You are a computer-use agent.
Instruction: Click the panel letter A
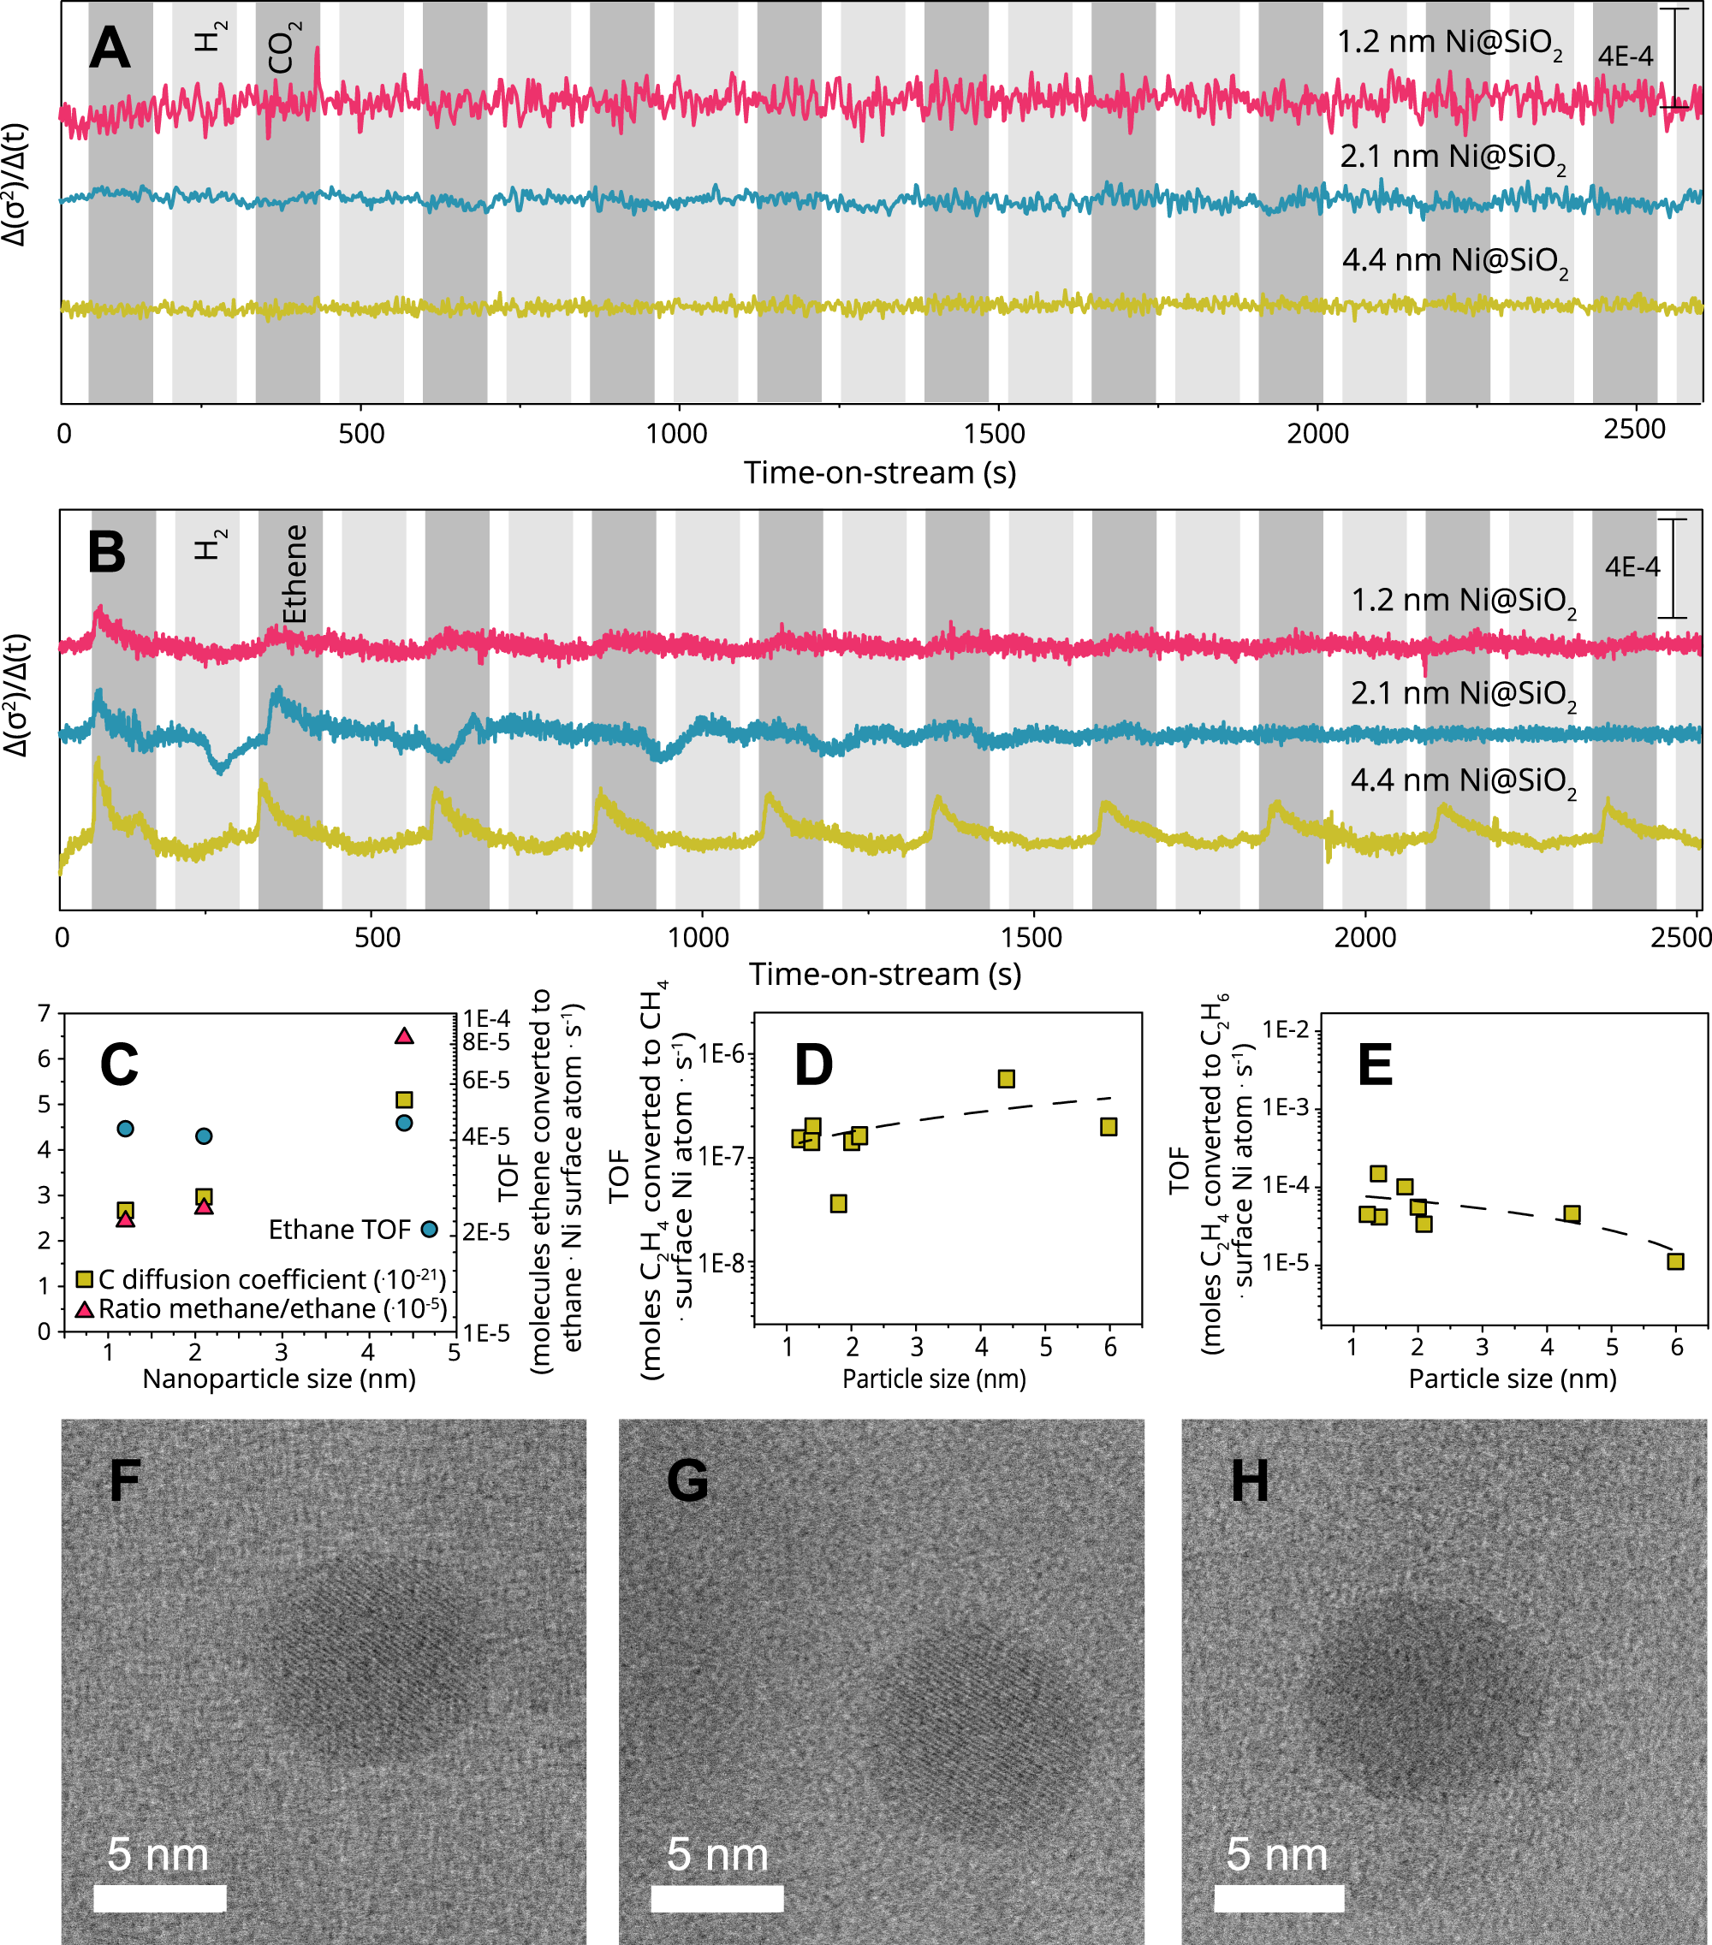(x=110, y=48)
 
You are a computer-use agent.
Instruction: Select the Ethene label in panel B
(x=295, y=574)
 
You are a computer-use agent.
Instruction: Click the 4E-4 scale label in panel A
(x=1626, y=57)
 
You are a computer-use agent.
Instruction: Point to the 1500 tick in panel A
(x=995, y=434)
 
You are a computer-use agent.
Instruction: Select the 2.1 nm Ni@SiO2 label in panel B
(x=1463, y=694)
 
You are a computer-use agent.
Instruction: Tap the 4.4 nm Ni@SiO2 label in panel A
(x=1454, y=261)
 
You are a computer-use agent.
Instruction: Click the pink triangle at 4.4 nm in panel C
(x=404, y=1036)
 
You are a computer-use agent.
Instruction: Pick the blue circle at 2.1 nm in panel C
(x=204, y=1136)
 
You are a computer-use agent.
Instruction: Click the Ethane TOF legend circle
(x=429, y=1230)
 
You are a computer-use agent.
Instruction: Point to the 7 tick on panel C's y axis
(x=44, y=1014)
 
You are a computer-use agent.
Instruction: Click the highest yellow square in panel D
(x=1006, y=1078)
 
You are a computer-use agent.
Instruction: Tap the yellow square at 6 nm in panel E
(x=1676, y=1262)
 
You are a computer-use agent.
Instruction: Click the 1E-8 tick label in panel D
(x=722, y=1263)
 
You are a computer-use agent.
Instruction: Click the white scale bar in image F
(x=160, y=1899)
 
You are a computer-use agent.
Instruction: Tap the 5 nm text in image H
(x=1276, y=1854)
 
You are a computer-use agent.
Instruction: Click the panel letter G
(x=687, y=1481)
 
